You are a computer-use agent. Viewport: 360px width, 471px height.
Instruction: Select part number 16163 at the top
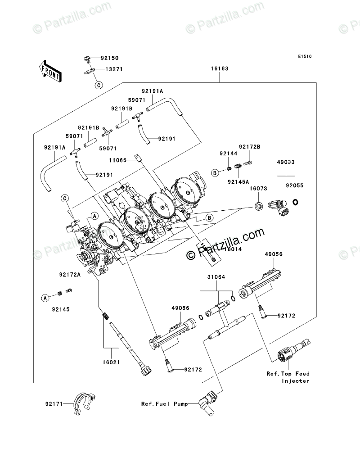[220, 68]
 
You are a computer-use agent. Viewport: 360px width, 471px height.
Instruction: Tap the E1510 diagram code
[305, 56]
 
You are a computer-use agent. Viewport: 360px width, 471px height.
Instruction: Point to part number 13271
[114, 69]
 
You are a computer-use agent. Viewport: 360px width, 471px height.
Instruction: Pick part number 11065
[118, 160]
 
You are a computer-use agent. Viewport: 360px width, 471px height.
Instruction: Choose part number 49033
[286, 162]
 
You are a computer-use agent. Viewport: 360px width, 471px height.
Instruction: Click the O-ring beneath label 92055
[296, 202]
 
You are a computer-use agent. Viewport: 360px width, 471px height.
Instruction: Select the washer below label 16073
[258, 207]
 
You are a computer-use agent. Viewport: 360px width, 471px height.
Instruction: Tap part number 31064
[216, 277]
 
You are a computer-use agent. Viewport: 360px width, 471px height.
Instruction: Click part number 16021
[111, 362]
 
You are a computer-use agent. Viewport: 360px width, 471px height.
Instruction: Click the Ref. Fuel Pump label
[165, 404]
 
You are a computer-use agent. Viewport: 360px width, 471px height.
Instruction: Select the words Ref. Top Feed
[288, 374]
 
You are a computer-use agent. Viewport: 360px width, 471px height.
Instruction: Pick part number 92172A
[70, 275]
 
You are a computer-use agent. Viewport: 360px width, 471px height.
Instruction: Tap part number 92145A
[238, 182]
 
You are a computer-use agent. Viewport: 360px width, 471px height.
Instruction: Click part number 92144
[228, 154]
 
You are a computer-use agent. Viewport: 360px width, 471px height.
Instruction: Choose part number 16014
[233, 249]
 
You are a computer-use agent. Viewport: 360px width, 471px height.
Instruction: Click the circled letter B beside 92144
[215, 173]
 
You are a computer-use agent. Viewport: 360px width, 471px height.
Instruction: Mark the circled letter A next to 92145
[45, 298]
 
